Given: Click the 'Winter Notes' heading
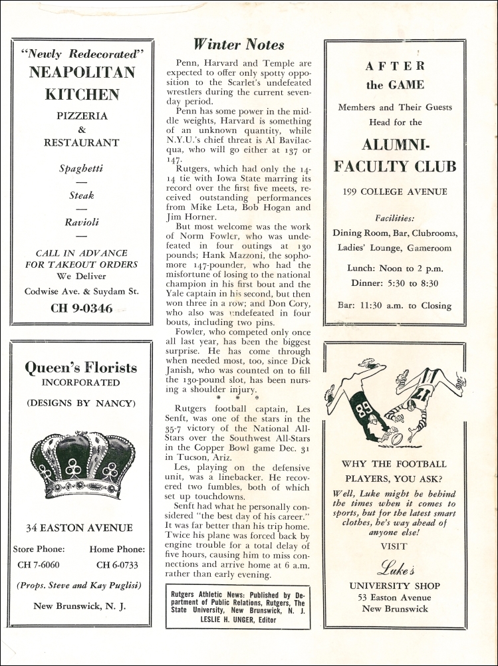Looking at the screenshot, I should coord(239,45).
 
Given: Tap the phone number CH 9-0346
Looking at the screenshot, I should coord(82,308).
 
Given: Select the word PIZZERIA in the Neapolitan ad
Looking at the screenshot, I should coord(82,116).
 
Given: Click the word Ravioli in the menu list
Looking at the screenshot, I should coord(82,222).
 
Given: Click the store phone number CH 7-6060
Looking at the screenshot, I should coord(39,565).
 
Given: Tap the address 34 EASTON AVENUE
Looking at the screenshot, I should coord(79,528).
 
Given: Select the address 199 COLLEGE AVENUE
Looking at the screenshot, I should coord(395,192).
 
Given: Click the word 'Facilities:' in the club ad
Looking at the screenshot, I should coord(395,218).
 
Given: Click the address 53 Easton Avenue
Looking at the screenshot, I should coord(395,597).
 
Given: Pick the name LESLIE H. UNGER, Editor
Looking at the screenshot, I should coord(238,617).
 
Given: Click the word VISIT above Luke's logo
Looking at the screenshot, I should coord(394,546).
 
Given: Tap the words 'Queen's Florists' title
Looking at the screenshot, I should coord(81,368).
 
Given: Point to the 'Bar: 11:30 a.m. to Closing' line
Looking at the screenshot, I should coord(395,306).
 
